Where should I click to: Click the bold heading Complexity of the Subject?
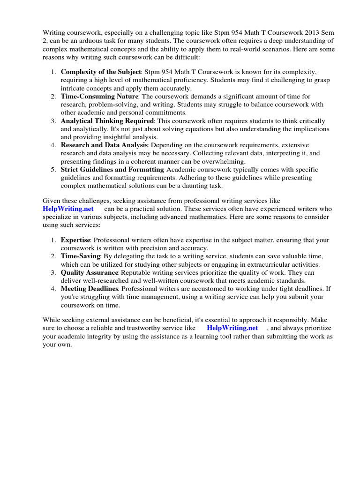101,72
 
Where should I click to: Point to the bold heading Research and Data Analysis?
104,145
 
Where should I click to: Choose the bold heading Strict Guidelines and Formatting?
112,170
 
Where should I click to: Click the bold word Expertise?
75,240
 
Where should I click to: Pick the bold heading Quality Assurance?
90,272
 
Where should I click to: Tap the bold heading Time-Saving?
81,256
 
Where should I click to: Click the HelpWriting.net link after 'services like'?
68,209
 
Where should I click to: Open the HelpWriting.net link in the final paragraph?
232,328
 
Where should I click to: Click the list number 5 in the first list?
53,170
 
